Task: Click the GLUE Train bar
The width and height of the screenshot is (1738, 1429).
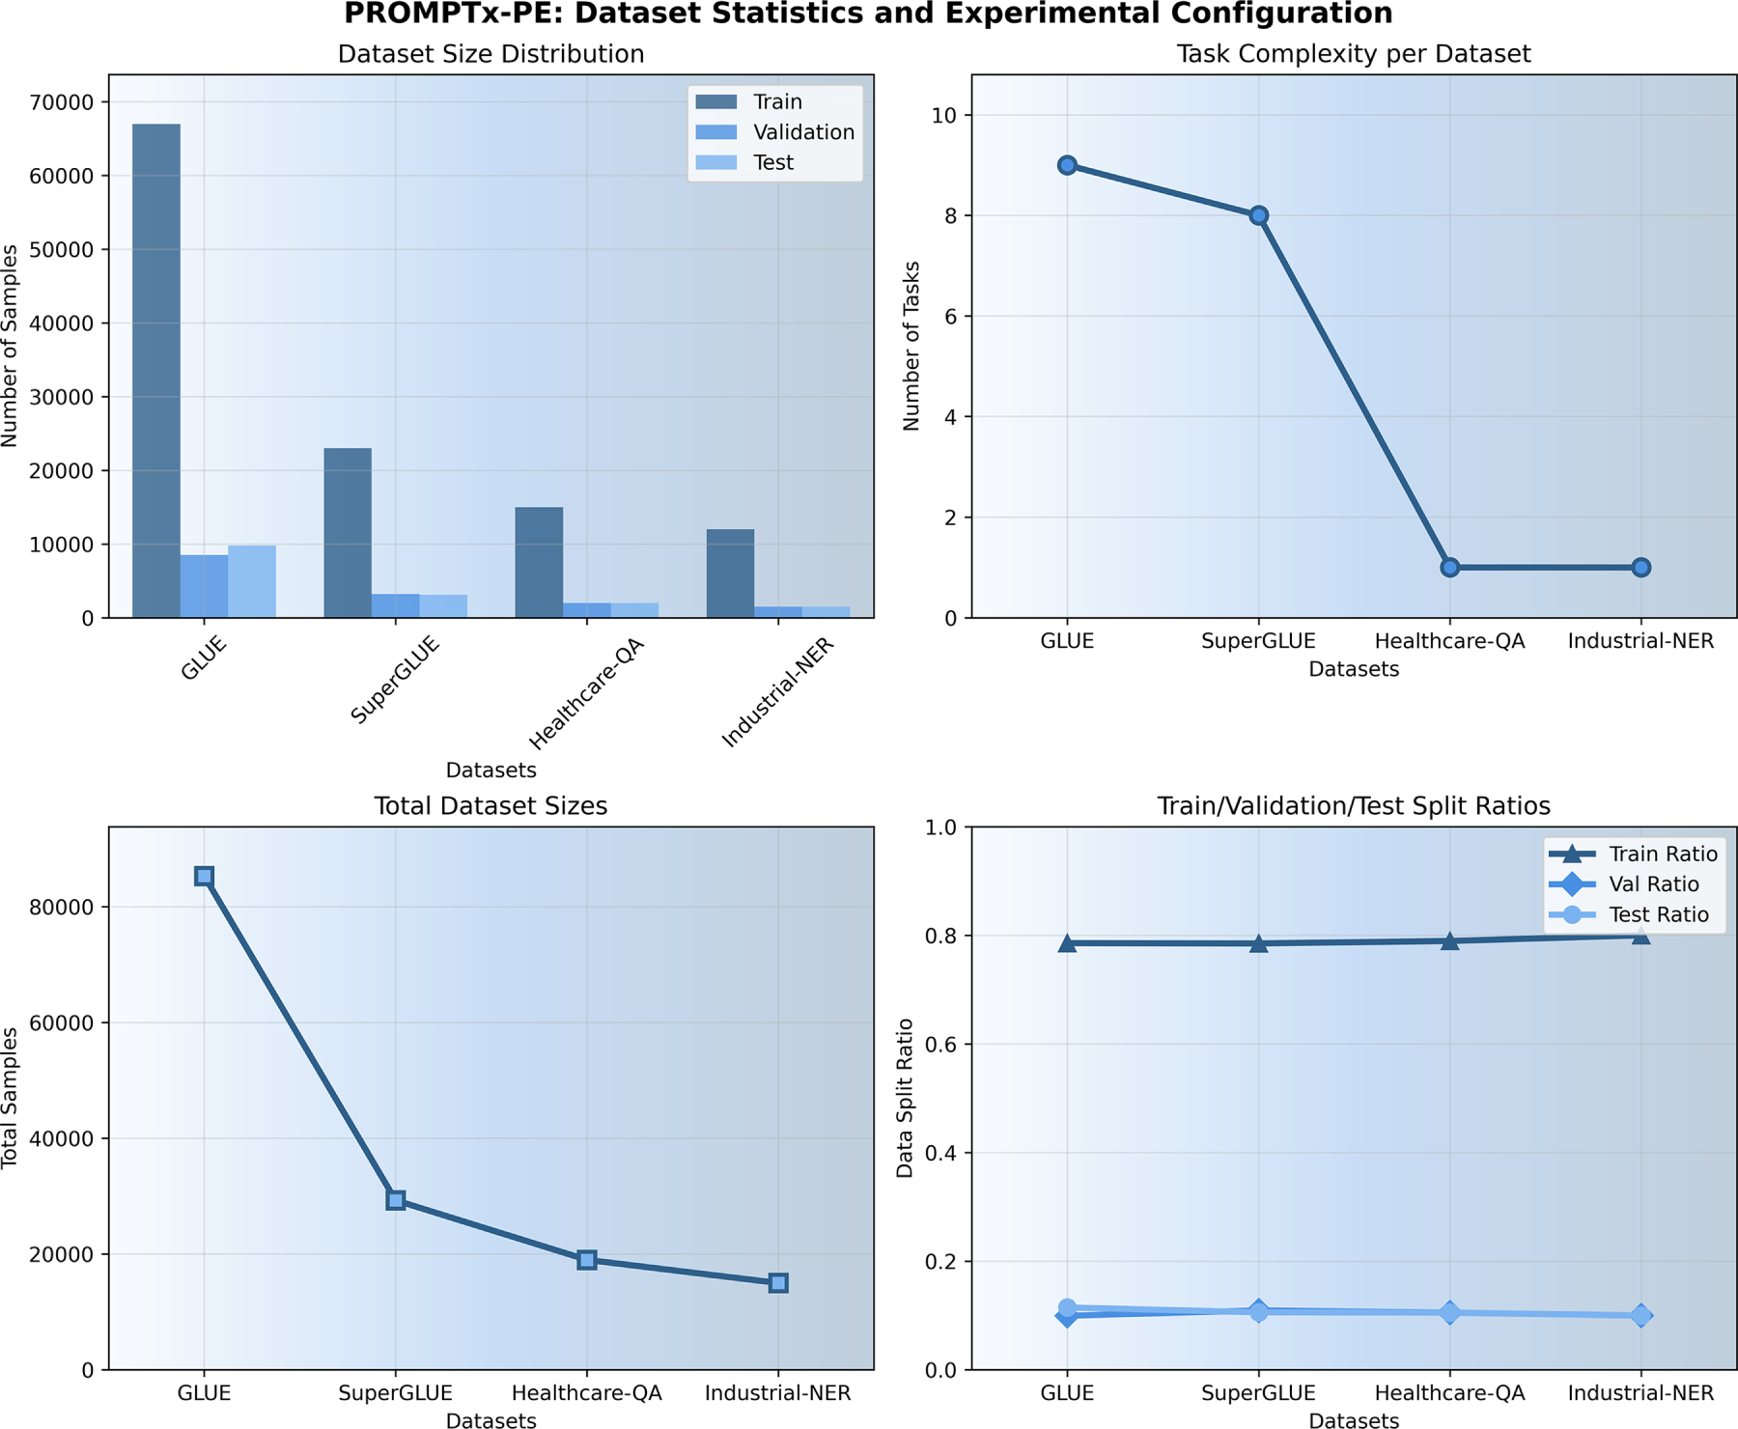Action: pyautogui.click(x=155, y=371)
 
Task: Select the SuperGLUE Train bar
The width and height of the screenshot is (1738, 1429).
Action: pyautogui.click(x=348, y=533)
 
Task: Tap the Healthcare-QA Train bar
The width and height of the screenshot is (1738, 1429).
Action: pyautogui.click(x=539, y=563)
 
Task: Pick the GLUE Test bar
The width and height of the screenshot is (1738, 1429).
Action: pyautogui.click(x=252, y=582)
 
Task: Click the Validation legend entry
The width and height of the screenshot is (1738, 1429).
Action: pyautogui.click(x=803, y=132)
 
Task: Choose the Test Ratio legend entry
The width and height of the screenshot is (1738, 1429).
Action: pyautogui.click(x=1658, y=914)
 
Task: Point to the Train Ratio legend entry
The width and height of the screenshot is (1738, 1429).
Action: pyautogui.click(x=1663, y=854)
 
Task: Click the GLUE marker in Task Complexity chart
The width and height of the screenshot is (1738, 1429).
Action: pyautogui.click(x=1067, y=165)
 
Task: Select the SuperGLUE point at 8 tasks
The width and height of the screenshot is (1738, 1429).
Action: pyautogui.click(x=1258, y=215)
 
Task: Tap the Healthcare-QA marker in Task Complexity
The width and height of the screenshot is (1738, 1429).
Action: pyautogui.click(x=1449, y=568)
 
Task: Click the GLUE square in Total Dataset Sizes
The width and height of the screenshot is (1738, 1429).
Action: pyautogui.click(x=204, y=876)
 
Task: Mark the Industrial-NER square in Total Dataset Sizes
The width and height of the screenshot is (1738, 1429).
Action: pyautogui.click(x=778, y=1283)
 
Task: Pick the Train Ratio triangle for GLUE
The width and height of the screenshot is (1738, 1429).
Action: pyautogui.click(x=1067, y=943)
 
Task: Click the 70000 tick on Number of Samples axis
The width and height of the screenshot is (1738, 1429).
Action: pyautogui.click(x=64, y=102)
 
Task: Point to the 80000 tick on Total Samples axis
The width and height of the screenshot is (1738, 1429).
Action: pyautogui.click(x=64, y=908)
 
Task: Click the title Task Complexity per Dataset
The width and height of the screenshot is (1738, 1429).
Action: pyautogui.click(x=1353, y=54)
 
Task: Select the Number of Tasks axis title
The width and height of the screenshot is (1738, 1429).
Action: pyautogui.click(x=911, y=346)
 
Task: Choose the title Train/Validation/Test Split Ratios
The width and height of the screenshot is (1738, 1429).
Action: pyautogui.click(x=1353, y=806)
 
